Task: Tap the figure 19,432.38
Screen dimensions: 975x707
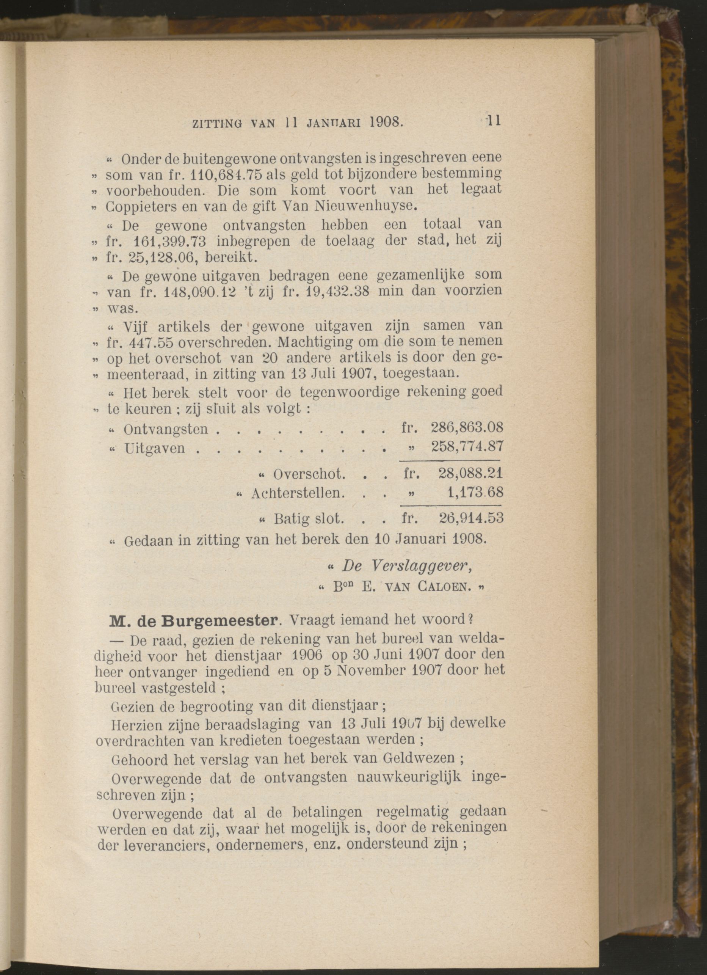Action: point(333,290)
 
